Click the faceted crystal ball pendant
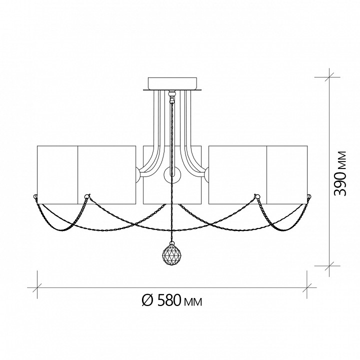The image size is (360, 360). click(171, 253)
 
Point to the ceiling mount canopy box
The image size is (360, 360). click(172, 83)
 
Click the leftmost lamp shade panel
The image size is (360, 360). click(57, 174)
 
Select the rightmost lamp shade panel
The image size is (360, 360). click(287, 174)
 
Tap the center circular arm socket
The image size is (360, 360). click(172, 175)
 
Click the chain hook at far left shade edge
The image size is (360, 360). click(35, 196)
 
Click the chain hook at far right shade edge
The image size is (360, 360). click(309, 196)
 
